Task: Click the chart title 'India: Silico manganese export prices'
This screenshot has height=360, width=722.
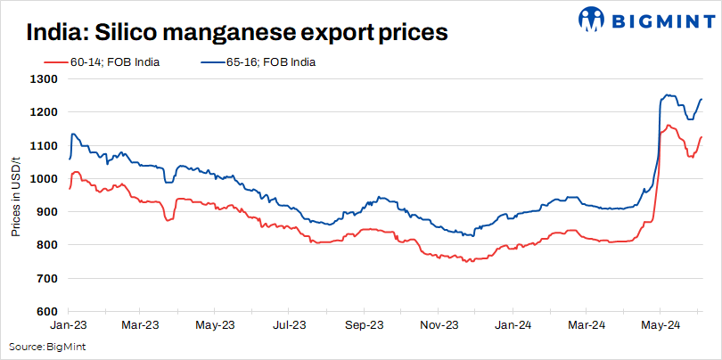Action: (237, 33)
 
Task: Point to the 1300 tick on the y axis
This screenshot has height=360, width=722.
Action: (45, 79)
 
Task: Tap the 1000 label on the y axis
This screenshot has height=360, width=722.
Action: (45, 179)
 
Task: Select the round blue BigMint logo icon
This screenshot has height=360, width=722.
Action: (593, 18)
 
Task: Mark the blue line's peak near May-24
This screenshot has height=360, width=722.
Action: (666, 94)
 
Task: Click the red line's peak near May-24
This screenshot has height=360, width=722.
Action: (669, 126)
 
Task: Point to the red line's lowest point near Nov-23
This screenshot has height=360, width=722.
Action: (467, 261)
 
